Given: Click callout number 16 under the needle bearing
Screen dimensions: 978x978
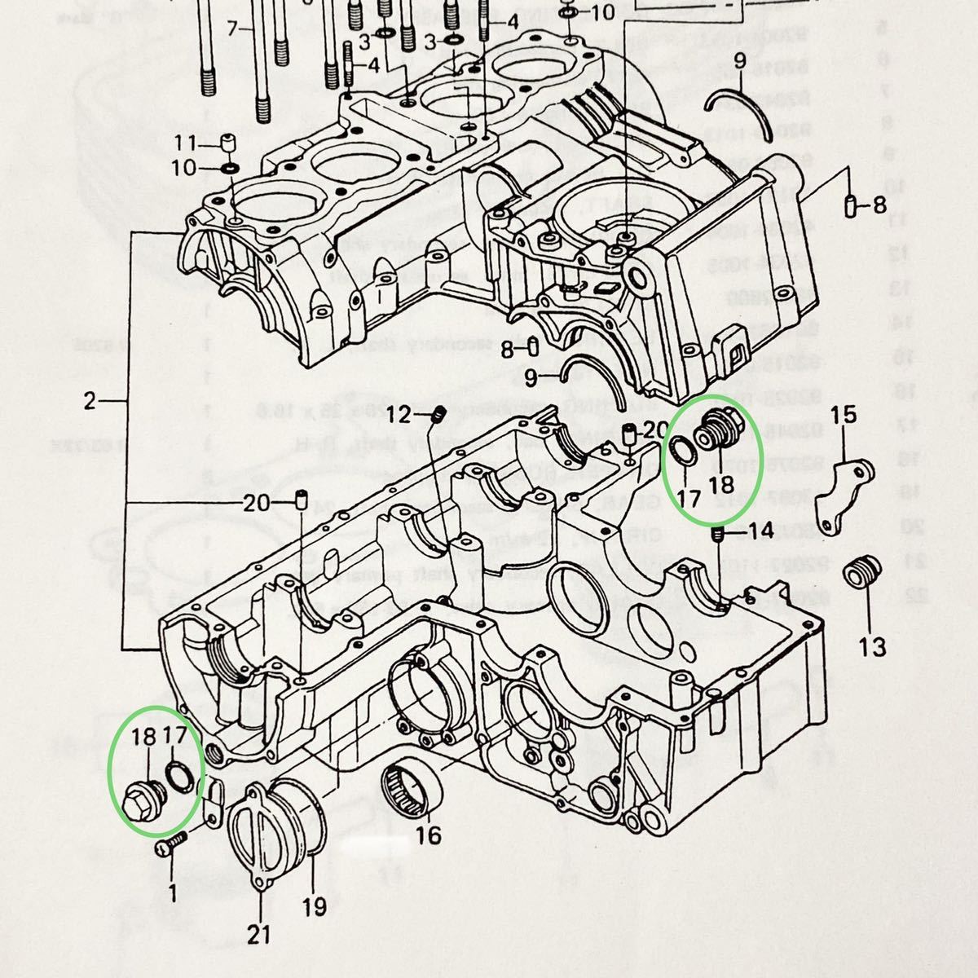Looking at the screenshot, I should (x=428, y=835).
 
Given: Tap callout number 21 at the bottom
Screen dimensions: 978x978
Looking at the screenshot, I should (x=259, y=935).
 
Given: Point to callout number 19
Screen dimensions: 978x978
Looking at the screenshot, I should (x=314, y=906).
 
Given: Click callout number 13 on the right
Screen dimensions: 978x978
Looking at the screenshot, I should (x=871, y=649).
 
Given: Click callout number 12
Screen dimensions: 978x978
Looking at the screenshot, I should (x=400, y=416).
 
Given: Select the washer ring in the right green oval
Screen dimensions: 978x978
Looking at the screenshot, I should (x=682, y=451).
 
